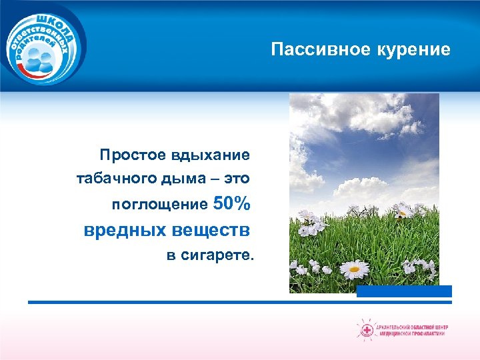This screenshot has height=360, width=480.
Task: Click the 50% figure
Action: (232, 202)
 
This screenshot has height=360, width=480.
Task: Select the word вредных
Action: (125, 230)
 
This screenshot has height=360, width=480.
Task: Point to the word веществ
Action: (211, 230)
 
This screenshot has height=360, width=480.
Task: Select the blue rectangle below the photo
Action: (404, 291)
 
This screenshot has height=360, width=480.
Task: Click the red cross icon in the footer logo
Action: (366, 330)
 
